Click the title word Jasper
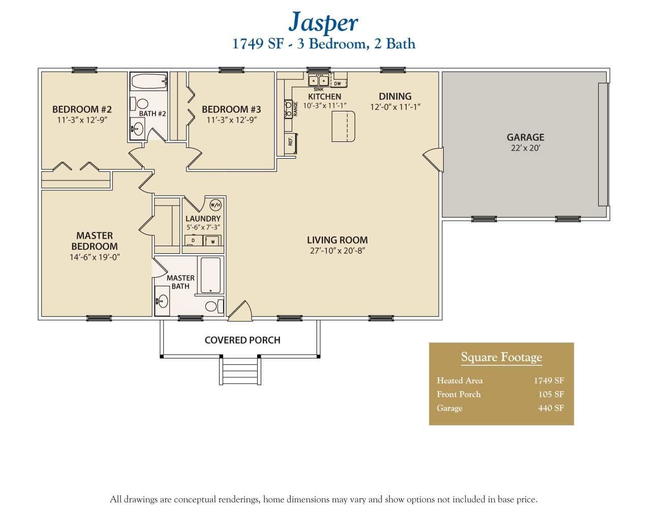click(x=323, y=22)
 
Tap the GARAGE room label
click(x=525, y=137)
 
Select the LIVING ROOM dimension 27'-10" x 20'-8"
click(x=337, y=251)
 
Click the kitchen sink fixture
click(x=319, y=81)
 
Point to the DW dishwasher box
click(x=337, y=83)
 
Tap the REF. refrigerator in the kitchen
click(x=293, y=142)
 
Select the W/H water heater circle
click(x=215, y=205)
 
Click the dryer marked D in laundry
click(x=193, y=241)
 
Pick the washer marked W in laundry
click(x=213, y=241)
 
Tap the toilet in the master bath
click(x=213, y=306)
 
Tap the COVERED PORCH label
click(x=242, y=340)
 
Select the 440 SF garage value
click(x=551, y=408)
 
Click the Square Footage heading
click(x=501, y=357)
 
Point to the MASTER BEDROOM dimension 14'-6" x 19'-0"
click(x=95, y=257)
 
